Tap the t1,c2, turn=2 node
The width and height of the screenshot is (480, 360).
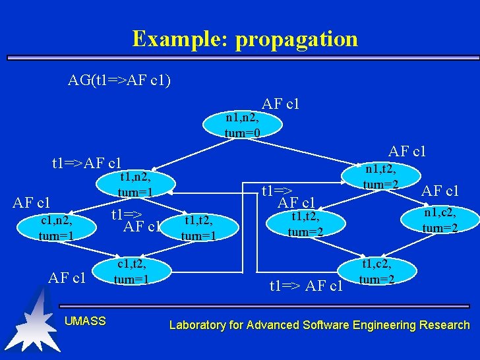point(377,272)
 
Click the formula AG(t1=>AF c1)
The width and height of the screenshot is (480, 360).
point(119,80)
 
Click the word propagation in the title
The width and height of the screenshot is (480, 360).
point(297,38)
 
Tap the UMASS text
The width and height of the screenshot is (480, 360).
point(85,321)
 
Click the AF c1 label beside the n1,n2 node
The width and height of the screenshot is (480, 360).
point(280,104)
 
